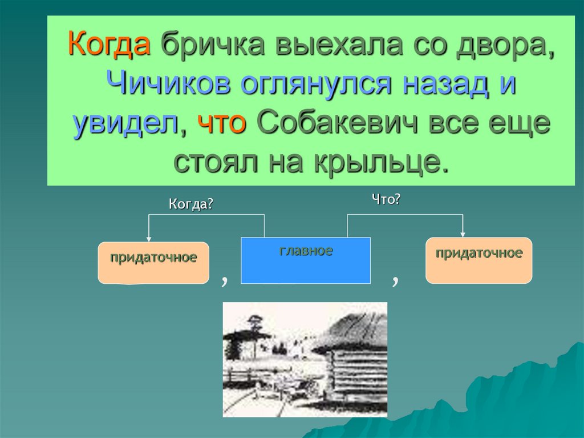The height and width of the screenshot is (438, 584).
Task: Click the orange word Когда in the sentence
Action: (x=109, y=45)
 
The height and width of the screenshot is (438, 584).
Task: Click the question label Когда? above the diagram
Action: (x=191, y=204)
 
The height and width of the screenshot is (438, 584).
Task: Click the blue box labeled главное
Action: (x=306, y=260)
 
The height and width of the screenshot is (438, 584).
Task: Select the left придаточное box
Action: (x=153, y=263)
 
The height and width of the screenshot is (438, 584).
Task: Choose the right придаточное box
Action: (x=479, y=260)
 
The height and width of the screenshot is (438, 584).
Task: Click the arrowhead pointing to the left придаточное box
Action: (x=149, y=238)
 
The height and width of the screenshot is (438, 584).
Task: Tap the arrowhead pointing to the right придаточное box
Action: (x=463, y=233)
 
